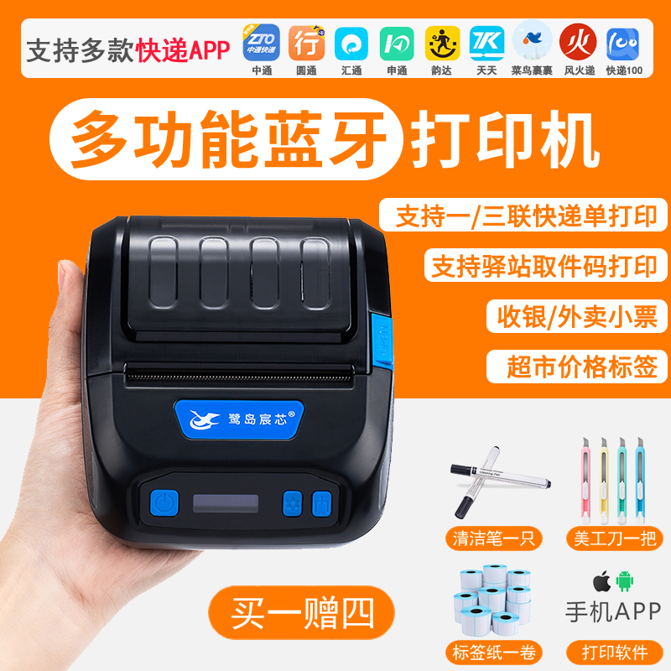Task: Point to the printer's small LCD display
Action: [x=226, y=505]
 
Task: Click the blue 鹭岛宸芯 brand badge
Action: [x=241, y=414]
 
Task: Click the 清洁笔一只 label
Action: [x=491, y=538]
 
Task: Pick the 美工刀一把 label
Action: [x=611, y=538]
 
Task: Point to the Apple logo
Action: [x=599, y=580]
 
